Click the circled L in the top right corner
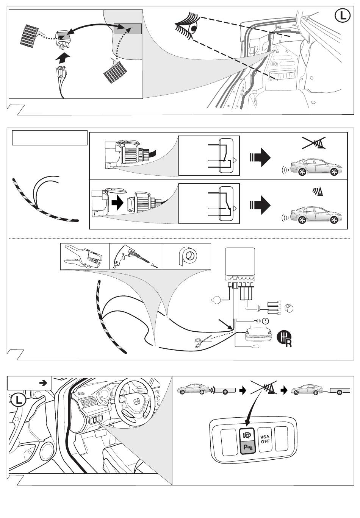pos(343,16)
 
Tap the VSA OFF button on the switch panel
pos(265,439)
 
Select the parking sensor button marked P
pos(248,448)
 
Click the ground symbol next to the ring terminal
pos(266,321)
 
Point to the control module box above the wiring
pos(240,261)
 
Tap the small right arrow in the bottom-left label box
pos(43,383)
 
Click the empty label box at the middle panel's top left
pos(50,138)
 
